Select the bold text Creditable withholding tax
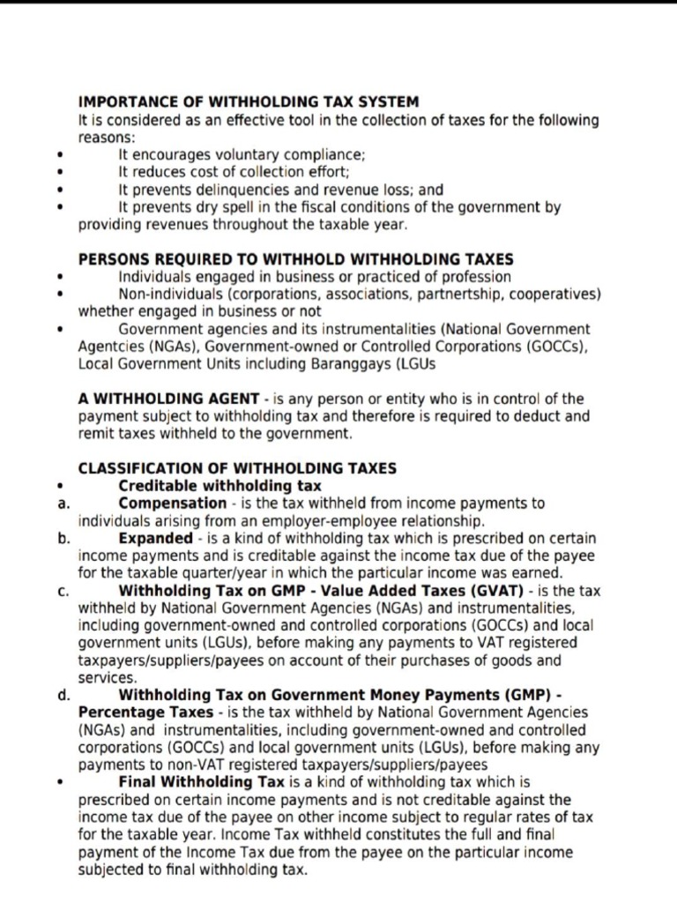pyautogui.click(x=219, y=486)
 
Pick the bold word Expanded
pyautogui.click(x=155, y=538)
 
